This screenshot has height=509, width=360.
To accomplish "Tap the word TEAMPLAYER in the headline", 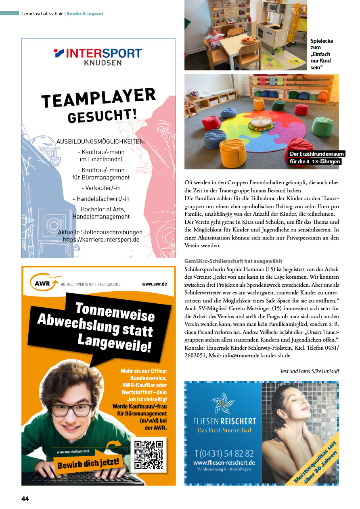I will [x=98, y=98].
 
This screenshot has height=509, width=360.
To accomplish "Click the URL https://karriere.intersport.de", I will [x=101, y=239].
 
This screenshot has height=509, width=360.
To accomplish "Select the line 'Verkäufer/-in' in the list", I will [x=101, y=188].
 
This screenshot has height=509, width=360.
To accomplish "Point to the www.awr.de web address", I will [x=154, y=284].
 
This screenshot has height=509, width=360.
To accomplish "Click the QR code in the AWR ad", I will [x=149, y=455].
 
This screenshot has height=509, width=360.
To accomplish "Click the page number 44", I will [x=25, y=499].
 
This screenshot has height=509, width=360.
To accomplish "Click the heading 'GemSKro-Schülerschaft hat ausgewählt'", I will [x=233, y=261].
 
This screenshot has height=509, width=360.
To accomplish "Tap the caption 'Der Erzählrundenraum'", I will [x=316, y=154].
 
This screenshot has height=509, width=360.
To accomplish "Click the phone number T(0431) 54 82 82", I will [x=224, y=453].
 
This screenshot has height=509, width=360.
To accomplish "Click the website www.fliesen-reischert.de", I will [x=224, y=463].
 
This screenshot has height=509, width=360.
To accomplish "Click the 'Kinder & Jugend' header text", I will [x=85, y=14].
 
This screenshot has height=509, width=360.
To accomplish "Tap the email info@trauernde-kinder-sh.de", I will [x=256, y=356].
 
